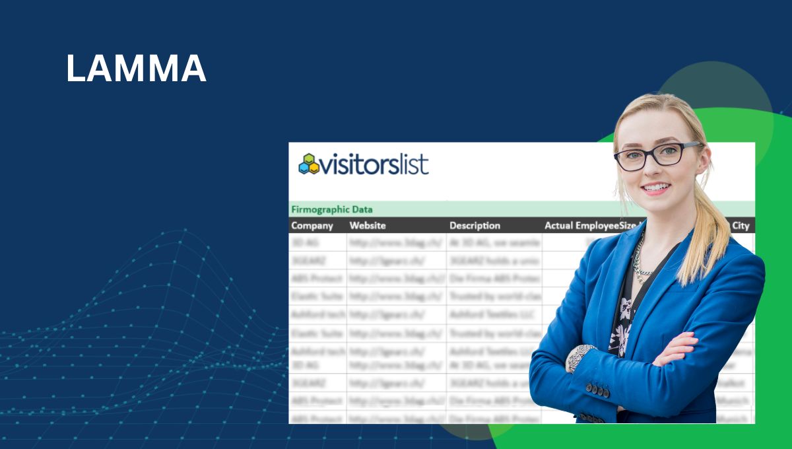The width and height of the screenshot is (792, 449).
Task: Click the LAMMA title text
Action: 136,69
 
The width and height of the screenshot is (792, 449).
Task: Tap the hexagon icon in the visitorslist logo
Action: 308,164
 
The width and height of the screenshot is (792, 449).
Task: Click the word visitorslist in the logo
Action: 374,164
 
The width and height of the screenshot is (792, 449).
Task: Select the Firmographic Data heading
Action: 331,209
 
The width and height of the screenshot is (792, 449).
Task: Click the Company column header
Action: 312,226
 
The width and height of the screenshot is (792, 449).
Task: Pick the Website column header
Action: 368,226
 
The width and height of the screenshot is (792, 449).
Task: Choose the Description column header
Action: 475,226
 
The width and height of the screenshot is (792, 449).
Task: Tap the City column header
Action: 741,226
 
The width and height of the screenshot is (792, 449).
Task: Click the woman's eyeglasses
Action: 657,156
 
